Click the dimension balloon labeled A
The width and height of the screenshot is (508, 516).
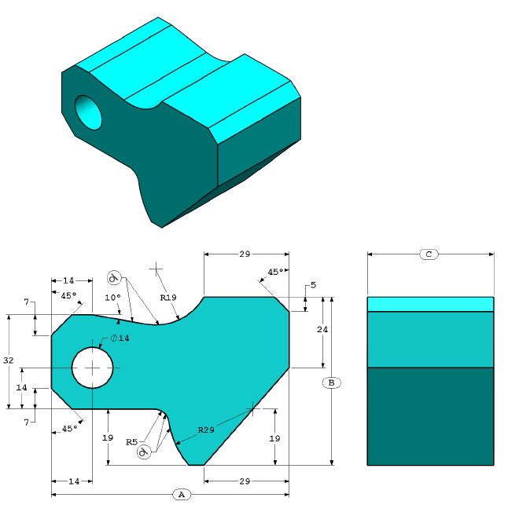coord(181,495)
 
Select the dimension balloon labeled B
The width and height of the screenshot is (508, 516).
coord(332,382)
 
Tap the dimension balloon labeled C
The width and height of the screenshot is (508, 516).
coord(429,254)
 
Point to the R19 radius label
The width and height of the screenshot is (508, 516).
coord(168,298)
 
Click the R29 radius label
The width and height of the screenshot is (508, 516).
coord(206,430)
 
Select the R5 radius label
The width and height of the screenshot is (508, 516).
coord(133,442)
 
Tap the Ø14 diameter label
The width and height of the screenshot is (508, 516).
coord(120,338)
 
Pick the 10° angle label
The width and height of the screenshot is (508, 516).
coord(113,298)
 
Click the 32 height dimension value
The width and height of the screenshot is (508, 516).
coord(9,360)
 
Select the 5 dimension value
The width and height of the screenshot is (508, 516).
coord(313,285)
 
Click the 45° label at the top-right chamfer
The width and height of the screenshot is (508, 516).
coord(276,273)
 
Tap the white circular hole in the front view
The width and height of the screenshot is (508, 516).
coord(93,367)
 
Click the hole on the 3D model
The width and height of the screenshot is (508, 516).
coord(89,113)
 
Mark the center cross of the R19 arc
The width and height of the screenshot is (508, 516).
coord(157,269)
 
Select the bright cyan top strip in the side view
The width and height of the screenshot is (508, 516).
coord(430,304)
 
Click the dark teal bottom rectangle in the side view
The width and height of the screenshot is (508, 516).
coord(430,416)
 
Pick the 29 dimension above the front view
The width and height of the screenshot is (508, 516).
coord(245,254)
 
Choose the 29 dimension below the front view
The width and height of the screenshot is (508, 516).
coord(245,480)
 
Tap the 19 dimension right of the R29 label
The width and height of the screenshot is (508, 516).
coord(274,437)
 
